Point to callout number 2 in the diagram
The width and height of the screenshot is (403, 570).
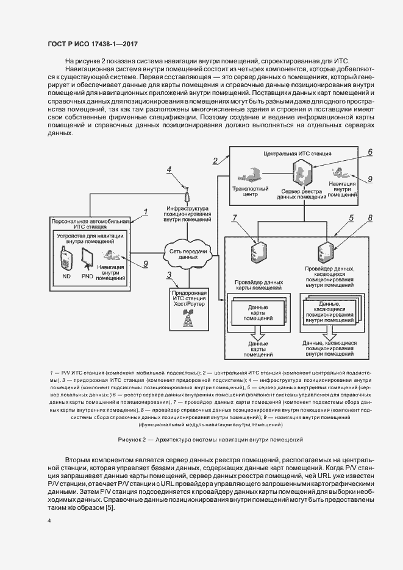[215, 161]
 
